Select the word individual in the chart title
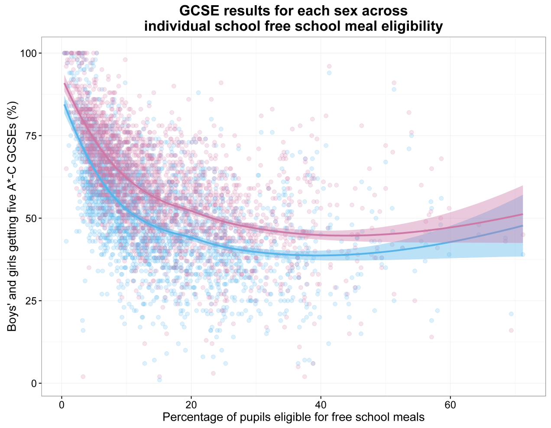pos(176,27)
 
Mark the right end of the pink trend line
pos(522,214)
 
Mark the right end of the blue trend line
pos(522,225)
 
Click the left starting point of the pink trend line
pos(65,83)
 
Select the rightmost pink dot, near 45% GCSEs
pos(523,235)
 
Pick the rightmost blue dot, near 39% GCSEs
pos(523,254)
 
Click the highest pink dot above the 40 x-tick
pos(329,66)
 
